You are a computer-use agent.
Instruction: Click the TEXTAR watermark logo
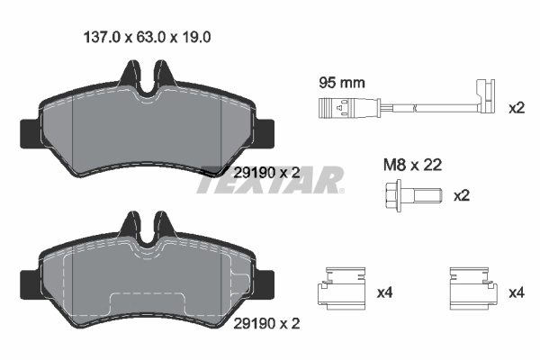pos(270,180)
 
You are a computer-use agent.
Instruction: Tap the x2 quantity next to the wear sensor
pos(516,109)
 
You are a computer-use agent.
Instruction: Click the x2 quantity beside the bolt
pos(462,195)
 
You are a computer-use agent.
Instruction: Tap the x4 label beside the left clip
pos(384,292)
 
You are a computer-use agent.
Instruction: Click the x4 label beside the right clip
pos(516,292)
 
